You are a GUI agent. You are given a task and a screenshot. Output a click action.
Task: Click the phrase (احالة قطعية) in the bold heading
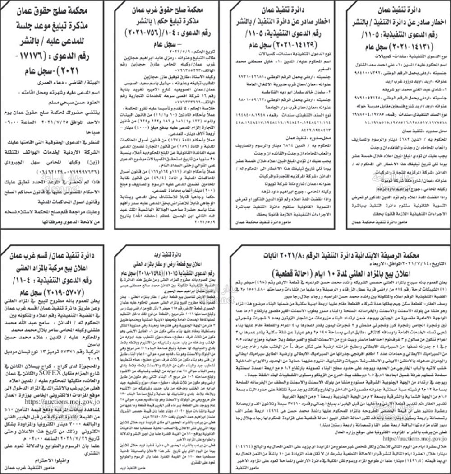coord(289,274)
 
